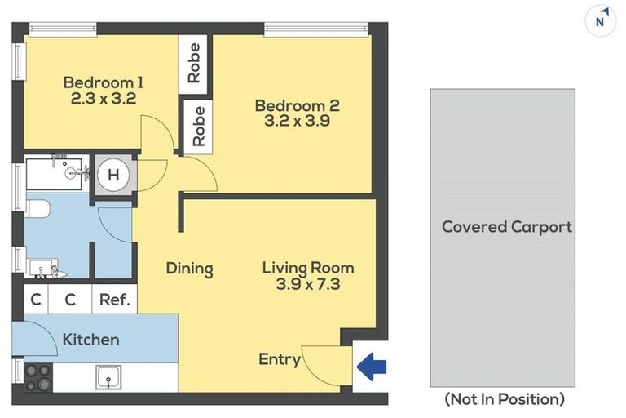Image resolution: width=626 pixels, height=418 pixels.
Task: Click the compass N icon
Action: (x=600, y=21)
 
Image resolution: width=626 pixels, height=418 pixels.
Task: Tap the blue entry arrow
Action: (x=373, y=366)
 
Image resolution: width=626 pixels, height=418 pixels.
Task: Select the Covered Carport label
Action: (x=506, y=227)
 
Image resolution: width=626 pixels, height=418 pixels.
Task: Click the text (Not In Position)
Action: (x=504, y=399)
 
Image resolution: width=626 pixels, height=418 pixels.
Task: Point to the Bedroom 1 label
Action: (x=104, y=82)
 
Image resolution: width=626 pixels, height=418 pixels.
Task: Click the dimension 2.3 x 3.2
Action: (x=104, y=99)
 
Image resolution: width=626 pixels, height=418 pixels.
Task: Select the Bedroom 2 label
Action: (x=297, y=105)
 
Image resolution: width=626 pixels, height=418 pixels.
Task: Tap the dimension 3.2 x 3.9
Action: (x=297, y=122)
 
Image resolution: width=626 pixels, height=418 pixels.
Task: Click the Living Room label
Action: (x=308, y=268)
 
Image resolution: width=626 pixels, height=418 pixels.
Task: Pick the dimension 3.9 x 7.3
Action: (x=308, y=284)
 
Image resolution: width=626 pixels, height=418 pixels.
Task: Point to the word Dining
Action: (x=189, y=269)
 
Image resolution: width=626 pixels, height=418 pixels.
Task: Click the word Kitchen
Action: (x=90, y=340)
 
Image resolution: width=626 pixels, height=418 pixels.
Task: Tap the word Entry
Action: (x=280, y=359)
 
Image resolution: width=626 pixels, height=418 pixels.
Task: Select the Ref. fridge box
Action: (x=114, y=300)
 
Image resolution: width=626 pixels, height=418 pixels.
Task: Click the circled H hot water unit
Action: (x=112, y=175)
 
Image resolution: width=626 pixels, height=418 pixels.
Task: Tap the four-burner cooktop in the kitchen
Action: (x=38, y=376)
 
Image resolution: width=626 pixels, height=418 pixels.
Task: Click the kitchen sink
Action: (x=108, y=377)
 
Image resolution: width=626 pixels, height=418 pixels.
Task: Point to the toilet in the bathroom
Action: (x=37, y=210)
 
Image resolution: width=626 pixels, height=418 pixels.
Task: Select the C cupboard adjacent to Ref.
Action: (x=70, y=300)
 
